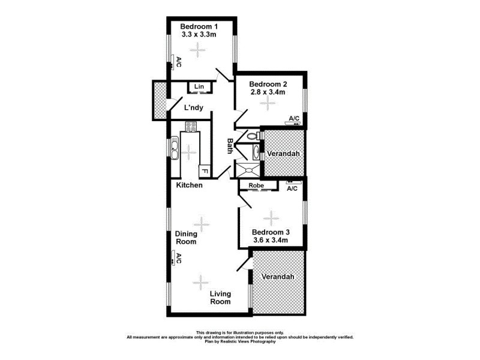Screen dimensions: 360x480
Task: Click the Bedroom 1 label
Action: (199, 26)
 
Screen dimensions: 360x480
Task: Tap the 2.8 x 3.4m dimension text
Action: (267, 92)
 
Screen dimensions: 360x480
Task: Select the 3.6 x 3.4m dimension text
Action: (271, 241)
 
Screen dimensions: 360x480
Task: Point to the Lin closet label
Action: (199, 88)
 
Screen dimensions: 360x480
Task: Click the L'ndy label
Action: (193, 108)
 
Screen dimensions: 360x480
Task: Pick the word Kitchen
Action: (189, 185)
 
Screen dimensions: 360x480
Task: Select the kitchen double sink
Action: (175, 148)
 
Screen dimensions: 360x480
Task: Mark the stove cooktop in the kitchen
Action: (191, 126)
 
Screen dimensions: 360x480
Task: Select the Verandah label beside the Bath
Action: (285, 154)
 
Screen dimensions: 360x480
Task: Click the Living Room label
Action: (220, 298)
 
